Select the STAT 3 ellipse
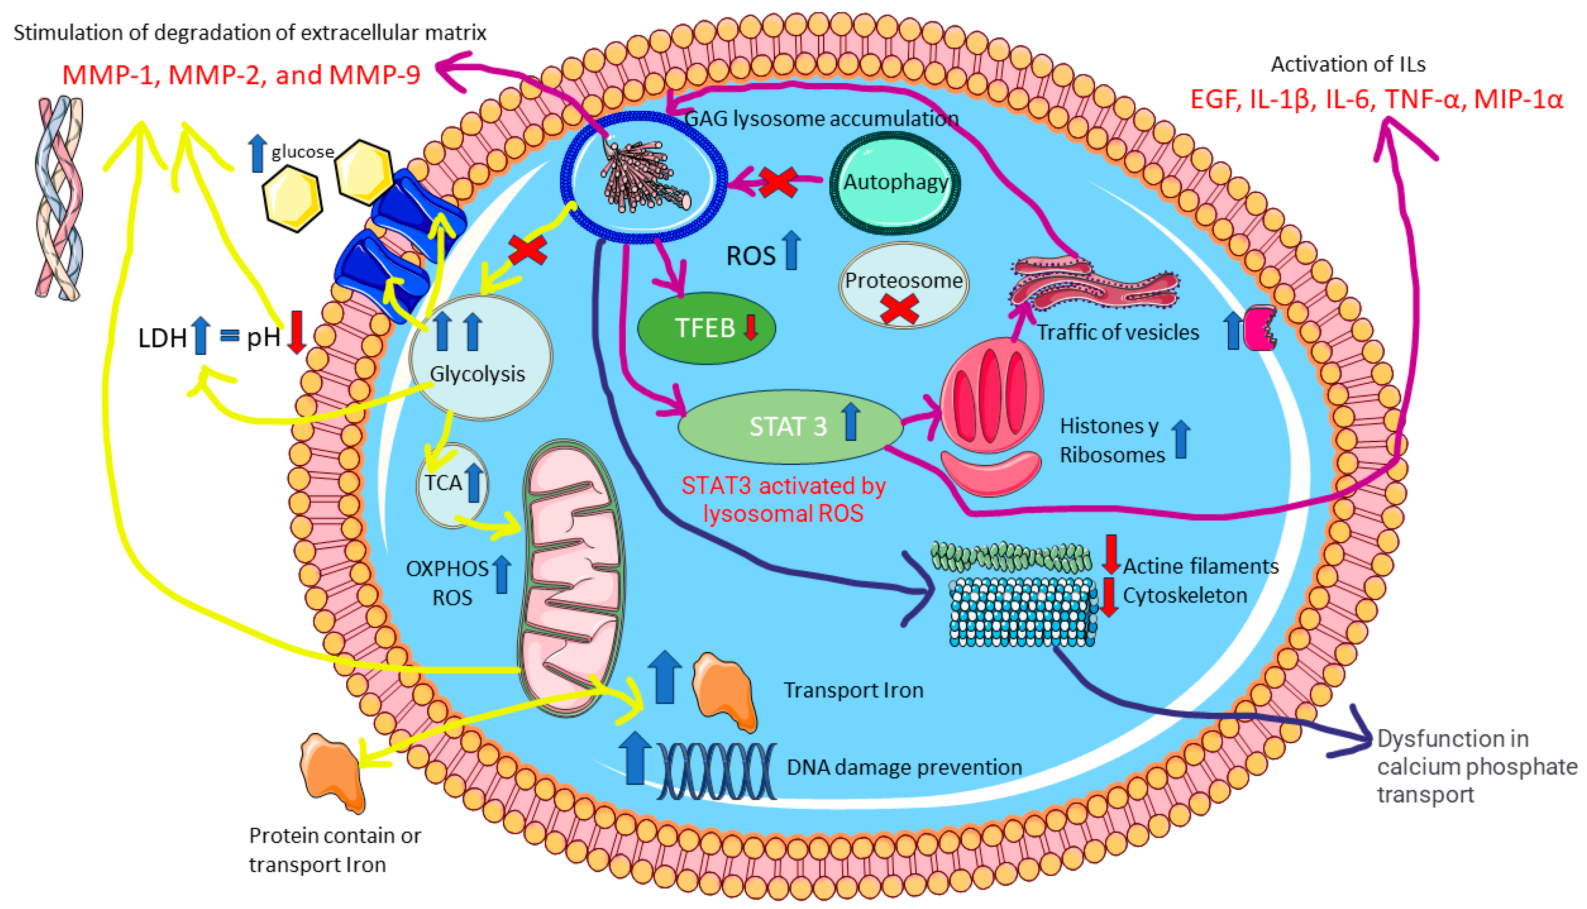[x=790, y=427]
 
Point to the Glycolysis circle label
[x=478, y=374]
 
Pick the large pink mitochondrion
[x=571, y=577]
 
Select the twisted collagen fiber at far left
[x=59, y=198]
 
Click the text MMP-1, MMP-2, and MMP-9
[x=241, y=75]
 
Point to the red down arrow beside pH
[x=296, y=332]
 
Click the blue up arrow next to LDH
[x=201, y=335]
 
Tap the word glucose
[x=302, y=152]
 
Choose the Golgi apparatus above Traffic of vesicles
[x=1094, y=284]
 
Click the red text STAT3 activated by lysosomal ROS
[x=783, y=499]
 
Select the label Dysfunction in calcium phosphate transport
[x=1477, y=767]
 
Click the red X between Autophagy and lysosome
[x=777, y=182]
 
